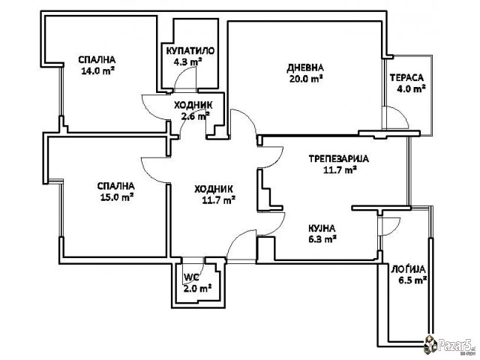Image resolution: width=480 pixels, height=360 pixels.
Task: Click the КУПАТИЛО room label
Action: tap(190, 51)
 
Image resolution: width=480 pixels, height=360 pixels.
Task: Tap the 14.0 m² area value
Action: tap(98, 71)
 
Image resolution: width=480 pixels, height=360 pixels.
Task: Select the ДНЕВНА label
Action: tap(305, 67)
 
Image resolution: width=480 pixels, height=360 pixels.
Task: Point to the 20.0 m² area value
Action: tap(306, 79)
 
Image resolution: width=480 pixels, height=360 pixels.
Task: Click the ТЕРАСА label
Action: tap(406, 78)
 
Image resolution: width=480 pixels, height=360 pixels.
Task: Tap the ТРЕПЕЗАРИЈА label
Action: tap(338, 159)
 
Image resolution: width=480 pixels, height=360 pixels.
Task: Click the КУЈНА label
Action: tap(322, 228)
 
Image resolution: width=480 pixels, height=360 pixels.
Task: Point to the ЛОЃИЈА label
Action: tap(408, 269)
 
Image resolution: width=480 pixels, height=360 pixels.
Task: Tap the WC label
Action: tap(192, 277)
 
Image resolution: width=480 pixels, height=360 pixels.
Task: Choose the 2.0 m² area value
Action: tap(197, 288)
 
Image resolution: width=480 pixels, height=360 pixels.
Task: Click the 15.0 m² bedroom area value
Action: tap(117, 196)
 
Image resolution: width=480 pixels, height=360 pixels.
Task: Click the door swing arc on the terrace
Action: tap(402, 112)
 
